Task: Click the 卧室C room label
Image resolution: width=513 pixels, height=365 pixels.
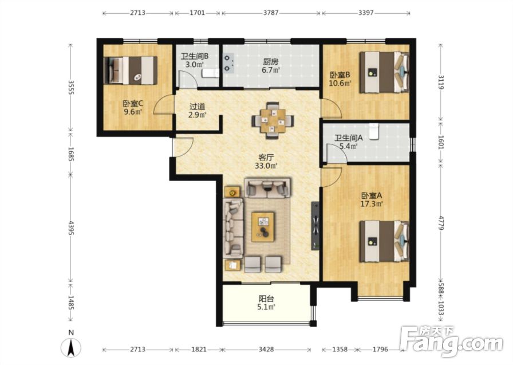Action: click(133, 108)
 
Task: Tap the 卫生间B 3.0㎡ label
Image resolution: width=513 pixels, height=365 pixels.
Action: click(195, 60)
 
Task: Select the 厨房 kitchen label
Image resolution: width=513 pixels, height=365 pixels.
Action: click(271, 65)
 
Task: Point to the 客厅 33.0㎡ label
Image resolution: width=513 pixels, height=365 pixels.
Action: click(266, 162)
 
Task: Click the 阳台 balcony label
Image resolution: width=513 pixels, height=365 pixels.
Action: click(266, 303)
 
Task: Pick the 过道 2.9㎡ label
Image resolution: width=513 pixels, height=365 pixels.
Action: click(198, 111)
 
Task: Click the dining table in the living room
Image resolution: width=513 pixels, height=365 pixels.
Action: click(273, 121)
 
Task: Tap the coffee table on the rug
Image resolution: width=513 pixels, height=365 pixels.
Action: click(263, 227)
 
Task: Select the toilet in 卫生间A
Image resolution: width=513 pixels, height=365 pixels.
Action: click(373, 131)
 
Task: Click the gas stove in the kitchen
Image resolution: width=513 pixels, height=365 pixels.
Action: click(228, 63)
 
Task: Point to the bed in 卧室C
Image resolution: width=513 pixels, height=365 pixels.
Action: click(130, 70)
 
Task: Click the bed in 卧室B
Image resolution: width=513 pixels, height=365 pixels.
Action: click(384, 72)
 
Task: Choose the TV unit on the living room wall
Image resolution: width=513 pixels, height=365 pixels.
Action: click(315, 226)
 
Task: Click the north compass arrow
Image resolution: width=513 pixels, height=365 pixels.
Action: click(71, 348)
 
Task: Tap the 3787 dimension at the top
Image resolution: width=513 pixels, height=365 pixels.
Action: click(271, 13)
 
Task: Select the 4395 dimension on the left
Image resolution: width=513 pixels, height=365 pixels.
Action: click(71, 228)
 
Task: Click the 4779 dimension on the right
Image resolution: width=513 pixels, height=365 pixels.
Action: click(441, 222)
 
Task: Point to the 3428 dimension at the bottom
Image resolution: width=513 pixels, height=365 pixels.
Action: click(266, 350)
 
